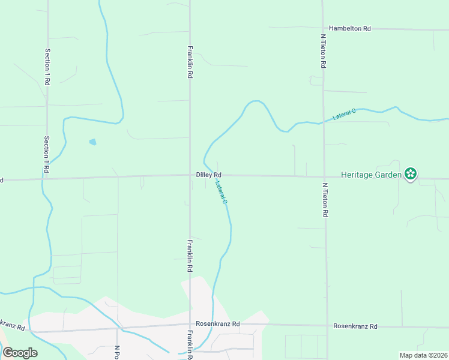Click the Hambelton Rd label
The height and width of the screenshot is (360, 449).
351,28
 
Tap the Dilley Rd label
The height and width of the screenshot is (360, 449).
209,175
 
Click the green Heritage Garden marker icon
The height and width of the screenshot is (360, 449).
411,174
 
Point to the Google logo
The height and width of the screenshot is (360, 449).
20,353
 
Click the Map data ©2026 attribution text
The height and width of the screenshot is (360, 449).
423,355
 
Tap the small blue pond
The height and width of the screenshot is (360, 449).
92,142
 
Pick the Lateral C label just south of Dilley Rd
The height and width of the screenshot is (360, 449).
221,193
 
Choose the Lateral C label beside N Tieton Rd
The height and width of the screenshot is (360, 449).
345,114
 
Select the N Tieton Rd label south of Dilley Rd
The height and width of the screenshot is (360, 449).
325,200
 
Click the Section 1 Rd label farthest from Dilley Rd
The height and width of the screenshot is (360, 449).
47,67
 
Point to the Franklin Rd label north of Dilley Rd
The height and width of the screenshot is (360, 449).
190,62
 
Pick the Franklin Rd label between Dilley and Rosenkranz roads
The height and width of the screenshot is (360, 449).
189,256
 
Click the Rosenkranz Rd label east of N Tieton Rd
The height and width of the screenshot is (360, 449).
355,326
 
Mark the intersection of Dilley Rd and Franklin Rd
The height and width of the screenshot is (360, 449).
190,175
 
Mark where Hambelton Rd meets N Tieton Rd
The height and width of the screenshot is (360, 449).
322,28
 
